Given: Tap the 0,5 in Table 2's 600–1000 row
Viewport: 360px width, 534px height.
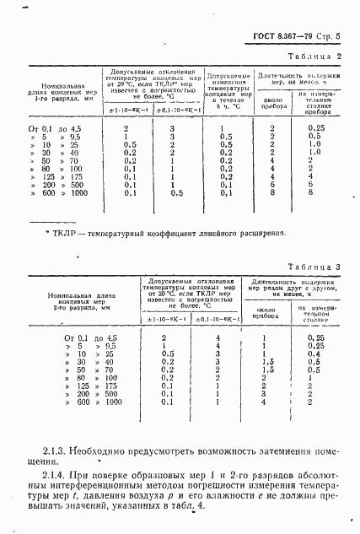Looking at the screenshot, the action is coord(171,193).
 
